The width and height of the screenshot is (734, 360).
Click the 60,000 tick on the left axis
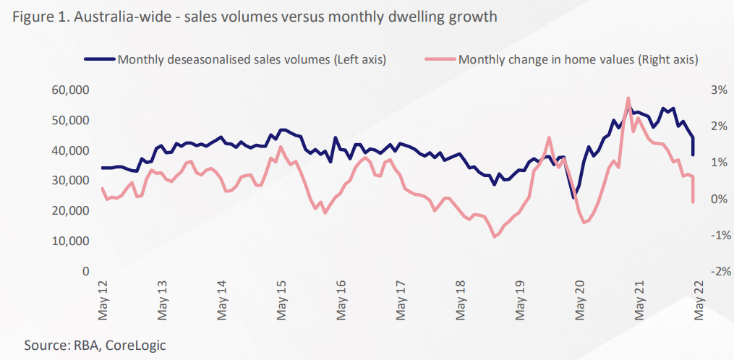click(71, 90)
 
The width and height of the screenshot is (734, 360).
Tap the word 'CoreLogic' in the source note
click(135, 345)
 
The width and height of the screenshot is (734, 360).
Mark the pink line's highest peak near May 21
click(628, 98)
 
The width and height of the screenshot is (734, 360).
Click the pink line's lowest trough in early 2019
click(495, 236)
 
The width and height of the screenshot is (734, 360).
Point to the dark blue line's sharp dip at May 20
click(573, 197)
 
